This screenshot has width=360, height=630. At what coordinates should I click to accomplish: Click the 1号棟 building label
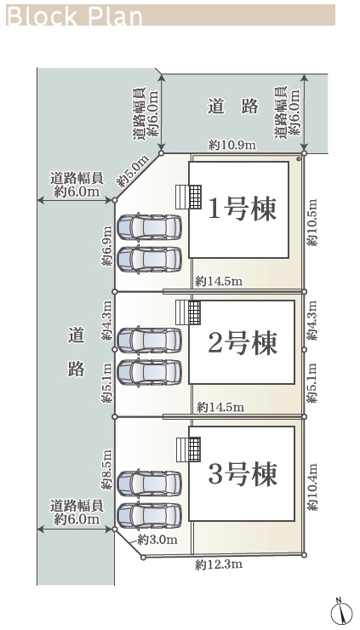point(243,209)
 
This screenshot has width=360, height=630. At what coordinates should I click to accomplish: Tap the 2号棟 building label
point(243,343)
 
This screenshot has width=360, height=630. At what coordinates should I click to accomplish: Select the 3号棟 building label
point(243,473)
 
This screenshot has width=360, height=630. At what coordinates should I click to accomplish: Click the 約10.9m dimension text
point(232,145)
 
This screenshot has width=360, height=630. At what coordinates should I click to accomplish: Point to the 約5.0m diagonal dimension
point(133,171)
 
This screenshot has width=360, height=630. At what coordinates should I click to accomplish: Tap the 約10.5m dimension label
point(312,222)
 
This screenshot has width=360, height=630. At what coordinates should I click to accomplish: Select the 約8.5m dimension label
point(107,469)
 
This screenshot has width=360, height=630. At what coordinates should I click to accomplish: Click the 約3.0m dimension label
point(157,540)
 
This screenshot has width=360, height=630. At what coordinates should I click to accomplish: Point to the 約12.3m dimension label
point(219,565)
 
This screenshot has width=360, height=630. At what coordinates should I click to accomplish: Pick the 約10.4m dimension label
point(312,487)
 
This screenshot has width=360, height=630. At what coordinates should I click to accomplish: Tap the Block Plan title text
point(75,16)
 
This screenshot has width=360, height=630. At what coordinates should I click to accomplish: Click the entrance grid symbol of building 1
point(195,197)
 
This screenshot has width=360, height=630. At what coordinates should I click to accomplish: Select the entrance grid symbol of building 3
point(194,450)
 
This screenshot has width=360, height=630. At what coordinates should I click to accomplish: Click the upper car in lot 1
point(150,226)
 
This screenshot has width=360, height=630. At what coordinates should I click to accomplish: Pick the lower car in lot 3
point(150,516)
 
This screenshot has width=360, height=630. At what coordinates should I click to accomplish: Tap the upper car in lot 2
point(150,340)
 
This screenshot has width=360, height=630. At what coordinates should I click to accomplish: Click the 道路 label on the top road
point(233,107)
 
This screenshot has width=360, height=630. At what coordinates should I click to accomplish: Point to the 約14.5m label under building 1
point(219,282)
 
